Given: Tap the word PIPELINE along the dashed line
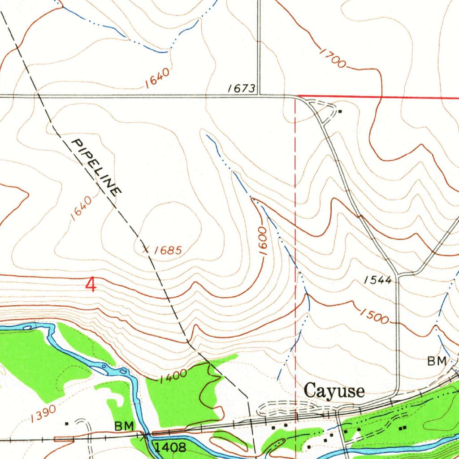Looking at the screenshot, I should click(x=96, y=167).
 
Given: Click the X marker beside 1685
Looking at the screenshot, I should click(x=145, y=248).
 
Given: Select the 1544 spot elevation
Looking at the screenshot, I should click(x=377, y=280).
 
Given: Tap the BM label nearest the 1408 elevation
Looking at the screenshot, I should click(x=124, y=426).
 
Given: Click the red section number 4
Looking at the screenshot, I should click(x=91, y=285).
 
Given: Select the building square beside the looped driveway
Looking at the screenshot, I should click(x=340, y=111).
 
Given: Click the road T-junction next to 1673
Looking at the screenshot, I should click(x=259, y=95).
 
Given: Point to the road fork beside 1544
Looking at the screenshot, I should click(x=398, y=274).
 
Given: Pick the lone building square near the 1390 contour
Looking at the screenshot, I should click(x=66, y=423).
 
